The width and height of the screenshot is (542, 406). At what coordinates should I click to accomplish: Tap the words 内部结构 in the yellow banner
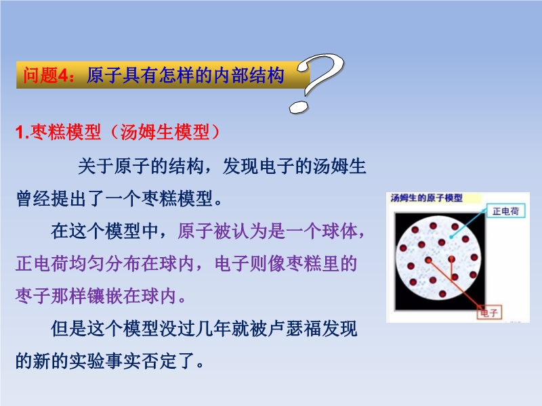pyautogui.click(x=248, y=75)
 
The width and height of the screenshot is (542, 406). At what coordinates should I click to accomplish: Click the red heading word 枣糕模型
pyautogui.click(x=65, y=132)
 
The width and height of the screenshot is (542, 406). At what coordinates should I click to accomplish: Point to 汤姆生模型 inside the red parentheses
pyautogui.click(x=165, y=132)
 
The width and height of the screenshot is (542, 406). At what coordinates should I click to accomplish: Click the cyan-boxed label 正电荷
pyautogui.click(x=505, y=211)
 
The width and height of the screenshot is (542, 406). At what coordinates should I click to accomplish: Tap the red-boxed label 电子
pyautogui.click(x=488, y=313)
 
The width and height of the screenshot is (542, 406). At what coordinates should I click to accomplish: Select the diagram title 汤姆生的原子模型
pyautogui.click(x=427, y=198)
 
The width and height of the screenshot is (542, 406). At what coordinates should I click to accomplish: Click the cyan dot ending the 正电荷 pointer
pyautogui.click(x=451, y=238)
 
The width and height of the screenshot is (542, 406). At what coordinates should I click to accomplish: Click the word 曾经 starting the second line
pyautogui.click(x=33, y=198)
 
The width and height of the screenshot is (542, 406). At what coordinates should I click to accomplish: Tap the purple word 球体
pyautogui.click(x=340, y=231)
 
